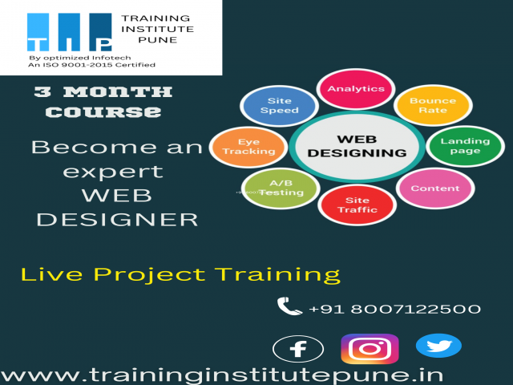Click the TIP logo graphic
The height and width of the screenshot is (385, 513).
[x=69, y=32]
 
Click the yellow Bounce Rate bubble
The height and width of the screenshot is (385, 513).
[x=432, y=106]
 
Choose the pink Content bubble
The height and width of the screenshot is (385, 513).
[x=434, y=189]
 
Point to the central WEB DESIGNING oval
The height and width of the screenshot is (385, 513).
[x=357, y=145]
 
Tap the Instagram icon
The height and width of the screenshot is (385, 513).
[x=370, y=349]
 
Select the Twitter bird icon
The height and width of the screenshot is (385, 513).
[x=438, y=346]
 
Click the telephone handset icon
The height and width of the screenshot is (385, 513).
[x=289, y=306]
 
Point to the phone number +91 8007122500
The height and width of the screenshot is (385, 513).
[x=394, y=309]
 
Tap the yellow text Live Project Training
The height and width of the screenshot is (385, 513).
[x=180, y=274]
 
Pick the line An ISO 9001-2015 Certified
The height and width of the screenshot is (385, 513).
[x=91, y=66]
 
